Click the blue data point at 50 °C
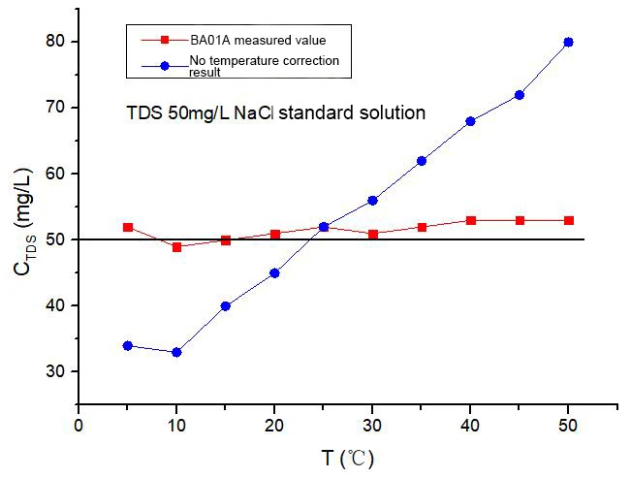(568, 43)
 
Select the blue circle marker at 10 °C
(176, 352)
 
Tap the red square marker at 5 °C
(128, 228)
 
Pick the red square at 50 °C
(569, 221)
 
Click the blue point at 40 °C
(470, 121)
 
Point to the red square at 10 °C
(176, 247)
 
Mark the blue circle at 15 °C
(226, 306)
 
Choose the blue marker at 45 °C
(520, 95)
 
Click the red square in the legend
(165, 40)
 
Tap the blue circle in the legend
(165, 66)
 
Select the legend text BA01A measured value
(258, 41)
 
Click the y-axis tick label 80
(55, 41)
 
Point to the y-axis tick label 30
(55, 371)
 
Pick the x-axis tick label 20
(274, 426)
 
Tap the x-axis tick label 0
(79, 426)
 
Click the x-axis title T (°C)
(348, 459)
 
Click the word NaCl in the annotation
(254, 112)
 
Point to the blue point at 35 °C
(422, 161)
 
